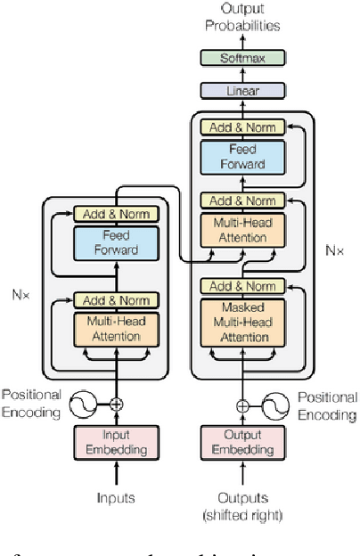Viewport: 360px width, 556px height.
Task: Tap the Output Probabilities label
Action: (x=243, y=18)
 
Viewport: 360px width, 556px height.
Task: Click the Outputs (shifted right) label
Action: (x=243, y=504)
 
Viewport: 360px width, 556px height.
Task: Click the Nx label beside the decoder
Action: (x=333, y=251)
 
